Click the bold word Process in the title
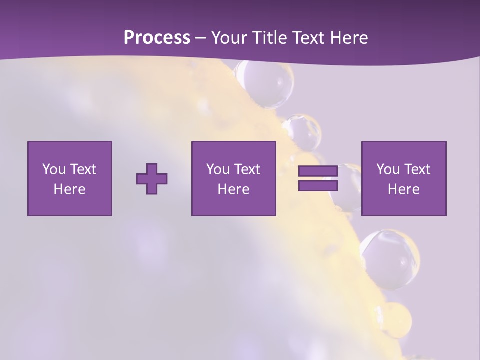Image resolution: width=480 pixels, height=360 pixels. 157,38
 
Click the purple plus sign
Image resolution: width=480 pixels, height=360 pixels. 152,179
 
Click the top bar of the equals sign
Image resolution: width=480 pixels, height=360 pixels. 318,171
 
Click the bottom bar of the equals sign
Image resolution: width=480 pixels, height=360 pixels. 318,185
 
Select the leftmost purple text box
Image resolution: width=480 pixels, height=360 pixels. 70,178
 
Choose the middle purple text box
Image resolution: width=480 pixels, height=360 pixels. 234,178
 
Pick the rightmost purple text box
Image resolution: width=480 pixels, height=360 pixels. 404,178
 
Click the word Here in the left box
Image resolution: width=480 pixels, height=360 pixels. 70,189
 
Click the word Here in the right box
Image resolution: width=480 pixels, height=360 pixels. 404,189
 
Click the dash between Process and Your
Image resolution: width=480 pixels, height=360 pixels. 200,38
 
